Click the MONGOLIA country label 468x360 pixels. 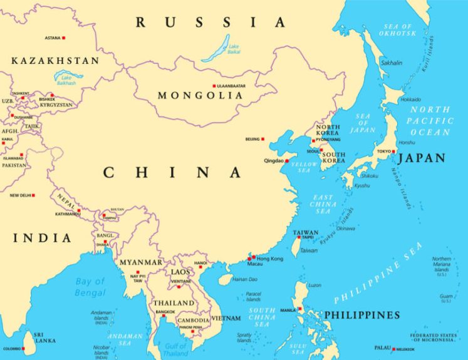[200, 96]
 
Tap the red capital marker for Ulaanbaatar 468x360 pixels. [214, 86]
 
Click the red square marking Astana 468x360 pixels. [64, 38]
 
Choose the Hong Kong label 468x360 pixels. [270, 258]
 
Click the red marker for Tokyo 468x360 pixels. [394, 152]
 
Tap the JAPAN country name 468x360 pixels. [422, 158]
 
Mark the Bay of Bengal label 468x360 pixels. [90, 287]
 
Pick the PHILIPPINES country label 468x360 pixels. [361, 315]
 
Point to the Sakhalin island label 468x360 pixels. [392, 63]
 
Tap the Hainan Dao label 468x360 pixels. [245, 279]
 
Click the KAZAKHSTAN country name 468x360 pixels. [55, 61]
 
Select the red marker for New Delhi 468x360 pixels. [34, 195]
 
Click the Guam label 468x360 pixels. [446, 297]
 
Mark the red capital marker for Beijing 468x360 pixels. [263, 139]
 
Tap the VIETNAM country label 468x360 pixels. [226, 319]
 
